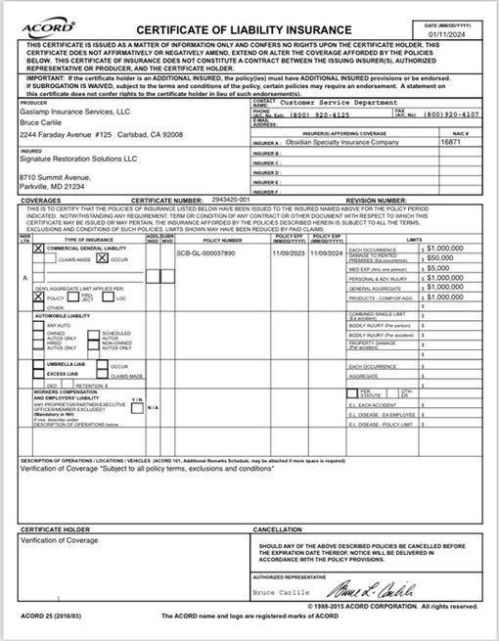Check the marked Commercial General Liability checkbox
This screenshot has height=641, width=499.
39,250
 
